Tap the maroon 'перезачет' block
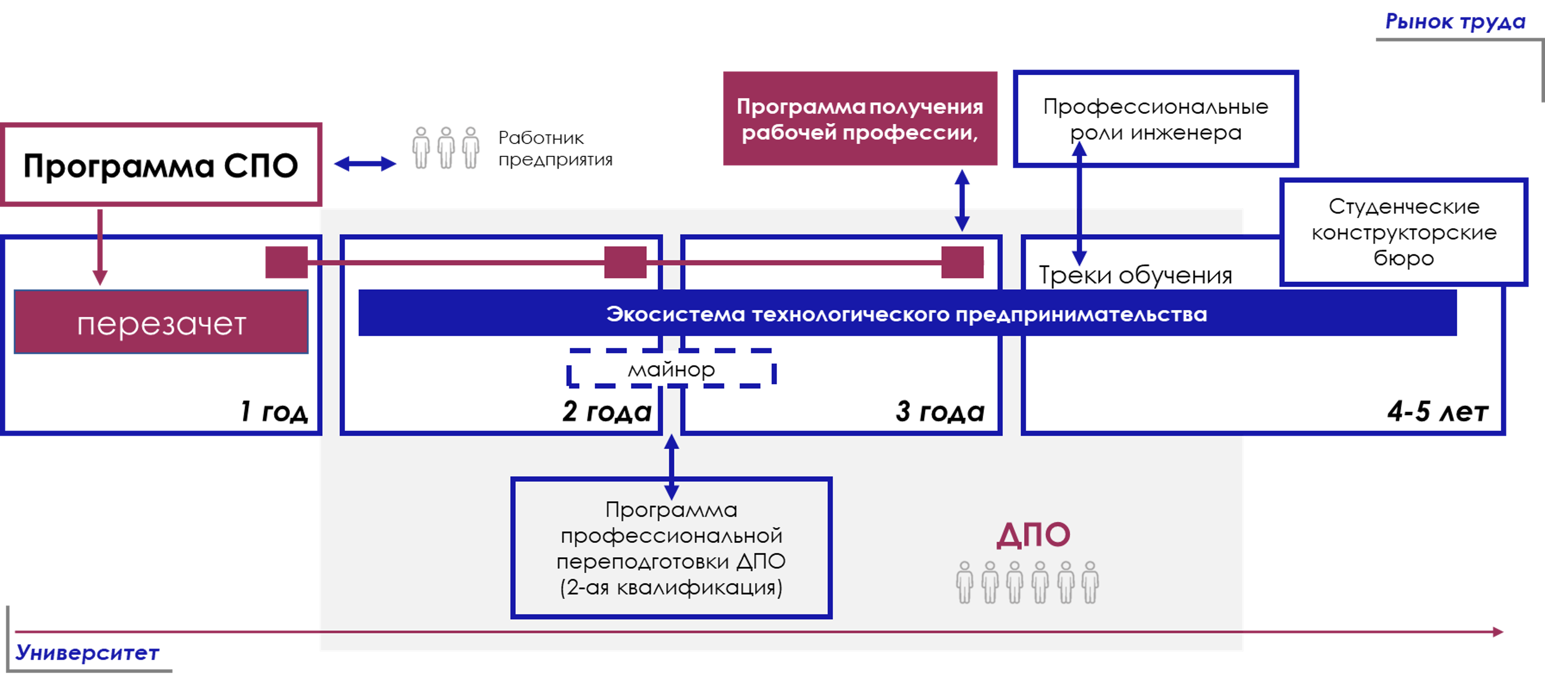point(161,322)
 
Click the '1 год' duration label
point(273,411)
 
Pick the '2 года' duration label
point(606,411)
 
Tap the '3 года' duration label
point(940,411)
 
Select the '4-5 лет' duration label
point(1438,411)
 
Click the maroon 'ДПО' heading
point(1033,535)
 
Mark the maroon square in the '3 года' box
point(962,262)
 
